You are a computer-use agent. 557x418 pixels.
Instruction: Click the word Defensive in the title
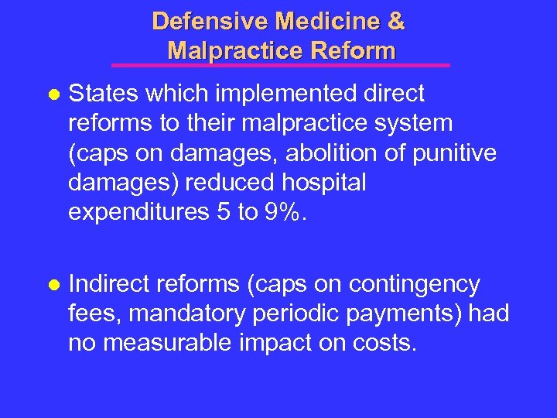(202, 21)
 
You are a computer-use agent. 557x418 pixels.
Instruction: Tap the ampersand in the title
(395, 21)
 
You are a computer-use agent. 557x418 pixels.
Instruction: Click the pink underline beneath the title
(280, 65)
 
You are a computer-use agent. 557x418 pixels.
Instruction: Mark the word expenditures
(136, 213)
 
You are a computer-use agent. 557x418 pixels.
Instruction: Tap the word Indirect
(111, 285)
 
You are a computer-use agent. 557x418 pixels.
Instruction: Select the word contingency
(415, 285)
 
